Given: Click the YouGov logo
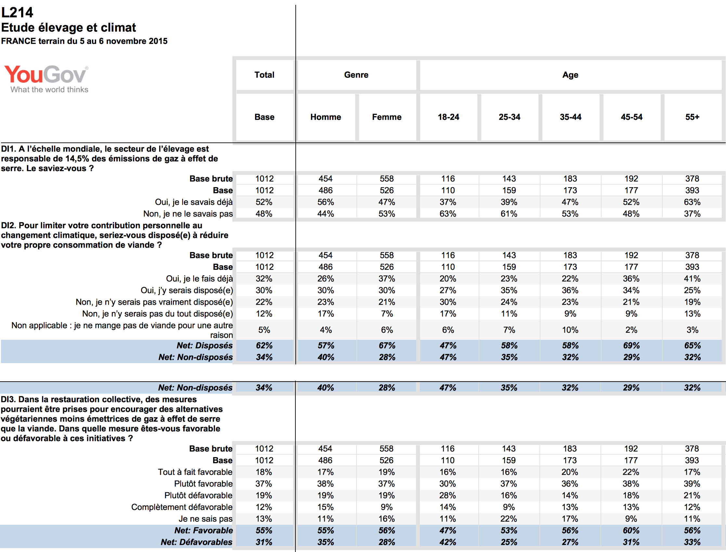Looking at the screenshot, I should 46,75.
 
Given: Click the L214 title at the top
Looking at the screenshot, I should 17,12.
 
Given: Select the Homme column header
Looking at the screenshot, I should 326,117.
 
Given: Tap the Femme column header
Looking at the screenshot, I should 386,117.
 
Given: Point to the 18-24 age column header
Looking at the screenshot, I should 448,117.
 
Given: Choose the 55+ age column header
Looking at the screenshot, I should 692,117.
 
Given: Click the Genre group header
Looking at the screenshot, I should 356,75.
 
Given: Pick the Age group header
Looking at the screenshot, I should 570,75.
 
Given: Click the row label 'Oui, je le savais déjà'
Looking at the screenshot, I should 194,202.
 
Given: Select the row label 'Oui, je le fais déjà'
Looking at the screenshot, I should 199,279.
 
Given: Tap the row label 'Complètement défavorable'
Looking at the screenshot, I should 182,507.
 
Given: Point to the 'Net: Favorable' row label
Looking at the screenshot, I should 203,530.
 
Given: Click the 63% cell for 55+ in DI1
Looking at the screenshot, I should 692,202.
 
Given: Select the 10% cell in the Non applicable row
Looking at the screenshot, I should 570,330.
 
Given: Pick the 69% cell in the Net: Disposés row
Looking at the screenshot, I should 631,346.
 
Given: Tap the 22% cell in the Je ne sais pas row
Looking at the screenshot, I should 509,519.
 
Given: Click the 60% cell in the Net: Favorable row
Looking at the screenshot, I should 631,530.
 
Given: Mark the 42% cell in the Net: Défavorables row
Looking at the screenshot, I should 448,542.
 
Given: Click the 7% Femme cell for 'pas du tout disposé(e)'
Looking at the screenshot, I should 387,314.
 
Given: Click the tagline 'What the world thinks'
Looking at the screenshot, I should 49,90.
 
